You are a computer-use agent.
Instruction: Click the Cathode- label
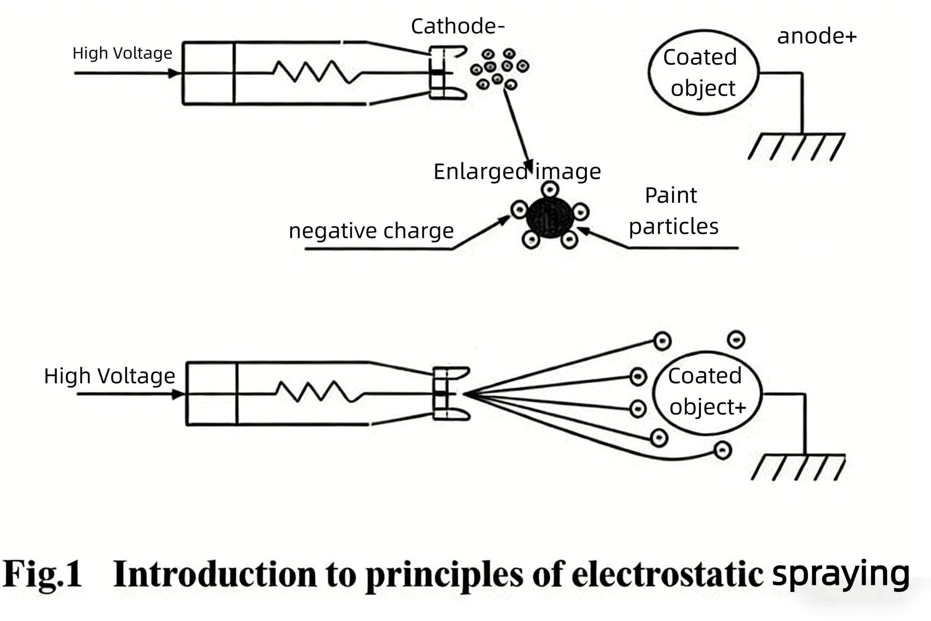coord(458,26)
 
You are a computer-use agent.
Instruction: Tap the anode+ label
coord(817,36)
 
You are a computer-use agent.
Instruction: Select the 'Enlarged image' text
coord(517,172)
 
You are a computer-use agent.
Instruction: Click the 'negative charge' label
coord(371,231)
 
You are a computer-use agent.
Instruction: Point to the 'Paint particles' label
coord(673,211)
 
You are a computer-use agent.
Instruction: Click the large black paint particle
coord(550,217)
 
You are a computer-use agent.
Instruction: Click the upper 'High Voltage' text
coord(122,53)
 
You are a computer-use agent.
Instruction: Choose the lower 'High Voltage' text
coord(109,375)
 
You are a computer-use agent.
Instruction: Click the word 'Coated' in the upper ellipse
coord(700,57)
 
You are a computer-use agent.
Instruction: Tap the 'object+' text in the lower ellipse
coord(708,407)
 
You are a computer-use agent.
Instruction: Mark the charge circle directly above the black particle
coord(550,189)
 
